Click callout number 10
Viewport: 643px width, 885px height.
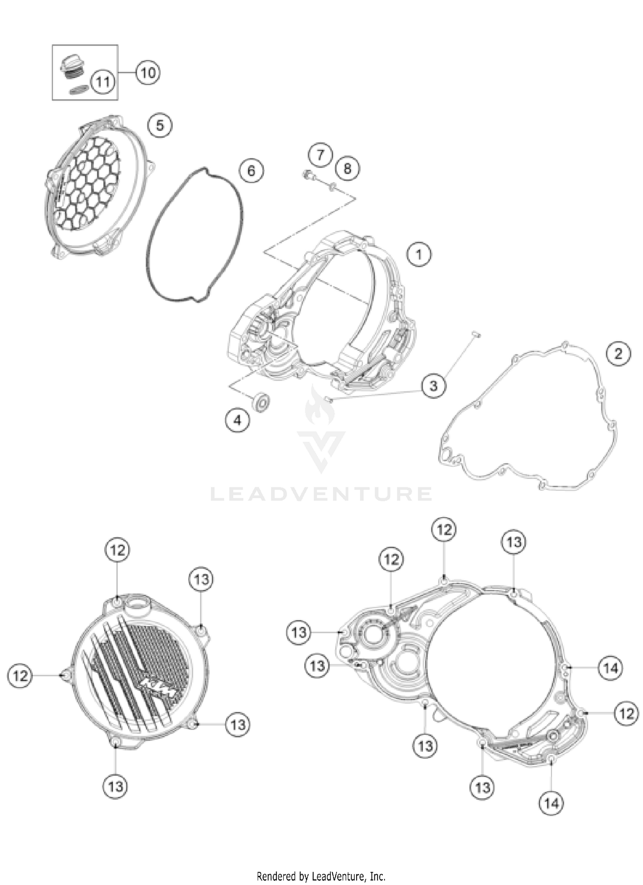coord(148,72)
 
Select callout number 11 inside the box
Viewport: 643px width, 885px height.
coord(103,81)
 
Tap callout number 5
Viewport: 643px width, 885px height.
coord(159,126)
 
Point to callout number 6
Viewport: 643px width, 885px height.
coord(251,171)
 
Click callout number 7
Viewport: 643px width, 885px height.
coord(321,155)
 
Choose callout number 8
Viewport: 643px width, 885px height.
coord(347,168)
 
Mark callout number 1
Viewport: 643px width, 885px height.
coord(419,254)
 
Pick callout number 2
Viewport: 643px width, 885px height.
coord(618,354)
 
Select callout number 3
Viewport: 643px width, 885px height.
coord(433,386)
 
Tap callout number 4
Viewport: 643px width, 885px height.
coord(237,420)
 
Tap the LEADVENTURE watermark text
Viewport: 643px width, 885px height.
coord(321,494)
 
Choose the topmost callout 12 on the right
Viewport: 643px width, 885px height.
coord(444,530)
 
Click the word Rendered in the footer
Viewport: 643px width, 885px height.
coord(272,876)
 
